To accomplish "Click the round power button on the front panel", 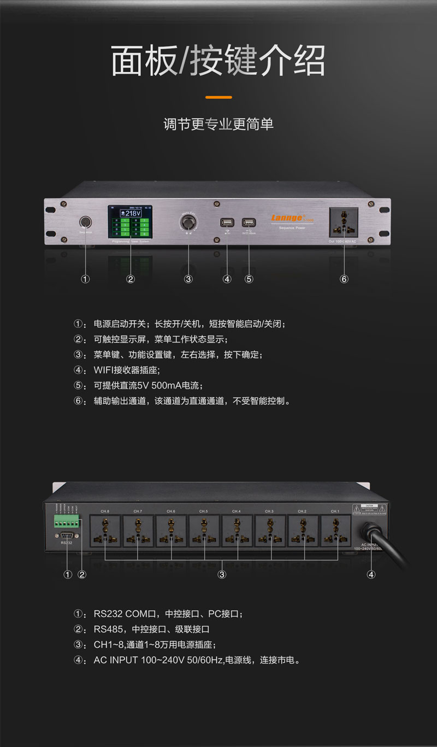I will [x=85, y=222].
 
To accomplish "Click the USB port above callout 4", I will [x=227, y=222].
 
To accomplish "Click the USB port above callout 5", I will [x=249, y=222].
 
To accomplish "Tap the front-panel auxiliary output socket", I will [x=344, y=222].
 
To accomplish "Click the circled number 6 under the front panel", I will [x=344, y=279].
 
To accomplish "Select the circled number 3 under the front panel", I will [x=188, y=279].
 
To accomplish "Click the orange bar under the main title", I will [x=218, y=97].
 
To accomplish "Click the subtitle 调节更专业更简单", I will [x=218, y=124].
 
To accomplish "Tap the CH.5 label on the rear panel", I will [x=204, y=511].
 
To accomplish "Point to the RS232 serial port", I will [x=67, y=535].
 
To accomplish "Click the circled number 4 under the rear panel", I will [x=371, y=574].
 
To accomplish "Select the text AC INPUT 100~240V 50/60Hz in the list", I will [x=158, y=660].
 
